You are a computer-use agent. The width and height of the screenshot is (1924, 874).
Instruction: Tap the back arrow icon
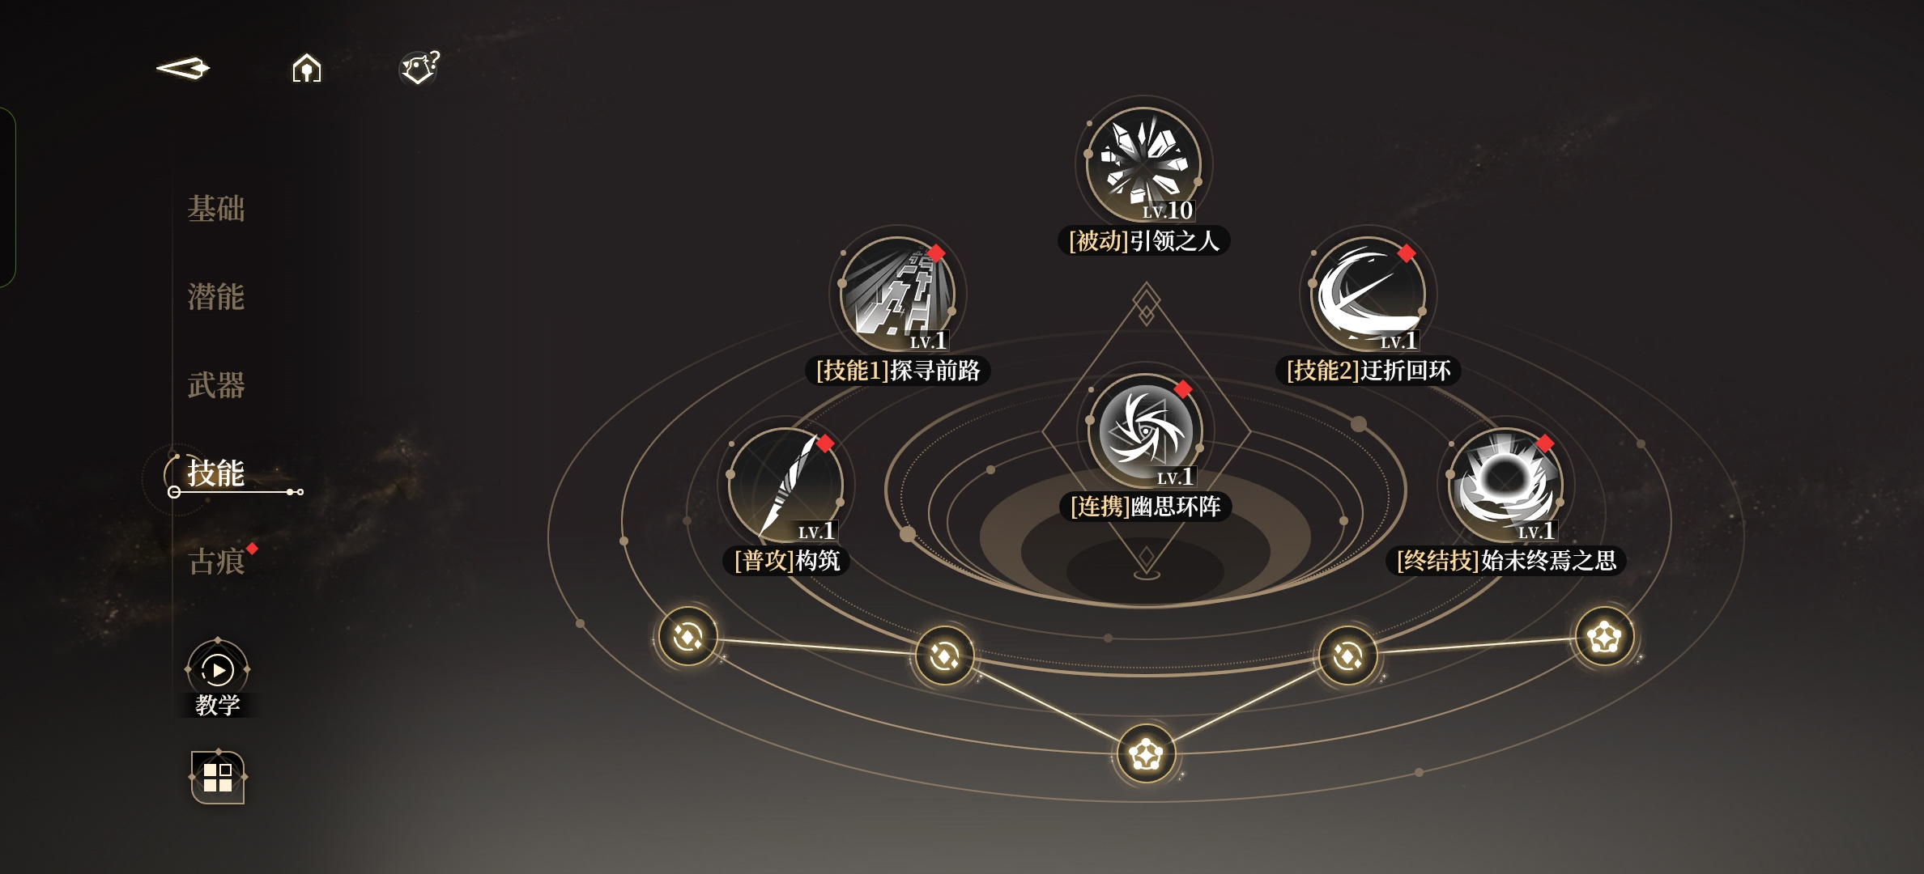183,68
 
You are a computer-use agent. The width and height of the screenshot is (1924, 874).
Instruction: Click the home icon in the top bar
307,68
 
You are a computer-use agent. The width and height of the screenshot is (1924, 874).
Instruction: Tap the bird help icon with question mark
419,67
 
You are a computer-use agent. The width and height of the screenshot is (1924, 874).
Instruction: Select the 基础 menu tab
216,209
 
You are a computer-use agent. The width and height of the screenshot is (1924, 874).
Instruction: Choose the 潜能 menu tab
216,297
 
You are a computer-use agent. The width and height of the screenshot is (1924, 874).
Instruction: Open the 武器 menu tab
216,385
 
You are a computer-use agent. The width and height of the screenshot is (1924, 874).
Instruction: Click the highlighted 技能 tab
216,473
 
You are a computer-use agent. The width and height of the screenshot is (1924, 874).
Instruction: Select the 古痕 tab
216,561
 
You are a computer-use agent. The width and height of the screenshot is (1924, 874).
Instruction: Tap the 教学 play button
218,669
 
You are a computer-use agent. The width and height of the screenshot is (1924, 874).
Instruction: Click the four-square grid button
218,777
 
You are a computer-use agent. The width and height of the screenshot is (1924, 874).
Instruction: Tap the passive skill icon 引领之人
1143,164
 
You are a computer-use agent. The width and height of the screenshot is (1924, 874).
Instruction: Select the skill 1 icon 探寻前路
897,294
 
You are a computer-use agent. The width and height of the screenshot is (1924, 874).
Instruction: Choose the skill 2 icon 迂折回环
1369,294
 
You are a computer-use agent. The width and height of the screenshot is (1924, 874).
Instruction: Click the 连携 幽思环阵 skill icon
1145,431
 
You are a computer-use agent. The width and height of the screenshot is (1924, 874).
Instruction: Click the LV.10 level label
1168,210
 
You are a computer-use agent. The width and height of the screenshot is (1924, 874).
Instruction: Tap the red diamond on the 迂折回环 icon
1407,253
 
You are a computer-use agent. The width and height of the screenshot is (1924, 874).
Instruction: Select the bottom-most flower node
1146,754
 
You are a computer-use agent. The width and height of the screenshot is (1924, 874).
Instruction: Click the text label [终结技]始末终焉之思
1506,560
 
